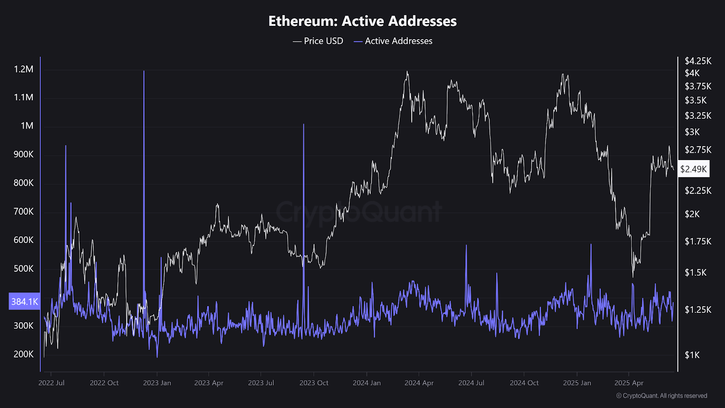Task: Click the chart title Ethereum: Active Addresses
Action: (362, 21)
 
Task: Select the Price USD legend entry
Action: (318, 41)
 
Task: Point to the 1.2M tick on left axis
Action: (24, 69)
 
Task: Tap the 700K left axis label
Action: (24, 212)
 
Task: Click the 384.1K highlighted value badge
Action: (24, 301)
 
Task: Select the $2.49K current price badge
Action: (693, 169)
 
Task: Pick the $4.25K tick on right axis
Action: (698, 61)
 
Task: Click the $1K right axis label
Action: (692, 355)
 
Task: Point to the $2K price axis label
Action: (692, 214)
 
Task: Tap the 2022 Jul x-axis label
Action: (51, 383)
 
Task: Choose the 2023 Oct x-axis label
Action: (314, 383)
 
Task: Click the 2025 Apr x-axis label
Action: (628, 383)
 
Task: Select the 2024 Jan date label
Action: (367, 383)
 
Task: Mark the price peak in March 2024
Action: (407, 72)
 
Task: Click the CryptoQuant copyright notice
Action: (662, 396)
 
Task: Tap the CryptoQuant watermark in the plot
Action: (358, 212)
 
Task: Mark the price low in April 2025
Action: (633, 276)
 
